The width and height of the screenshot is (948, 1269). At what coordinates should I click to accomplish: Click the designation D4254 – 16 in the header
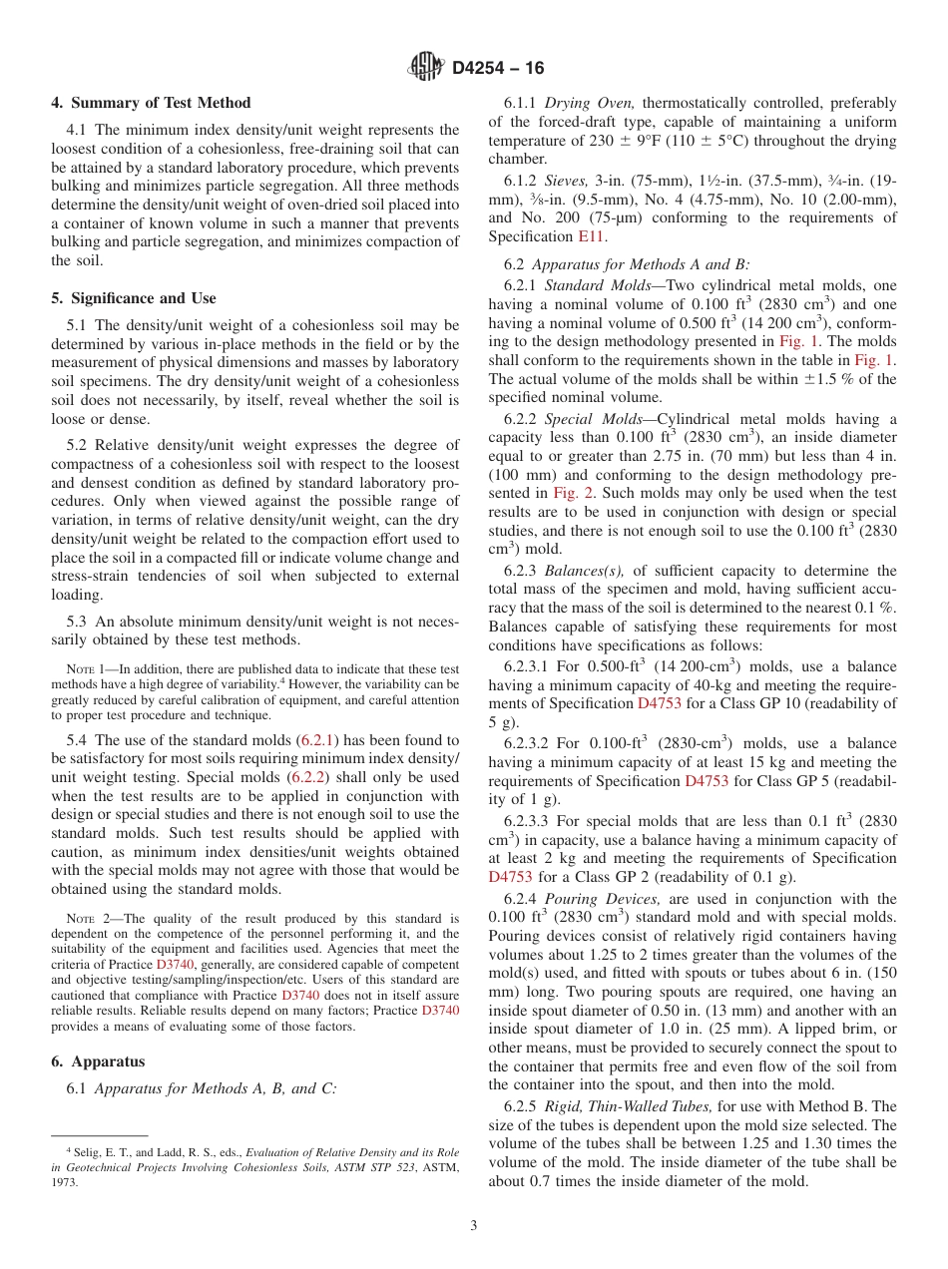(x=498, y=69)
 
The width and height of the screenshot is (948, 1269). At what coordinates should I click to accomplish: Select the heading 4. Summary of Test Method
(x=151, y=103)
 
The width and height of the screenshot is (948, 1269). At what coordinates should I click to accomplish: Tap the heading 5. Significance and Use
(x=134, y=298)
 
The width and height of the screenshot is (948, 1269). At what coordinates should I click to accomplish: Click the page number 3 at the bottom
(x=474, y=1225)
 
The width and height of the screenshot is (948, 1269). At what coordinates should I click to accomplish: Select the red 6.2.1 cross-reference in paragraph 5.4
(x=319, y=740)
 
